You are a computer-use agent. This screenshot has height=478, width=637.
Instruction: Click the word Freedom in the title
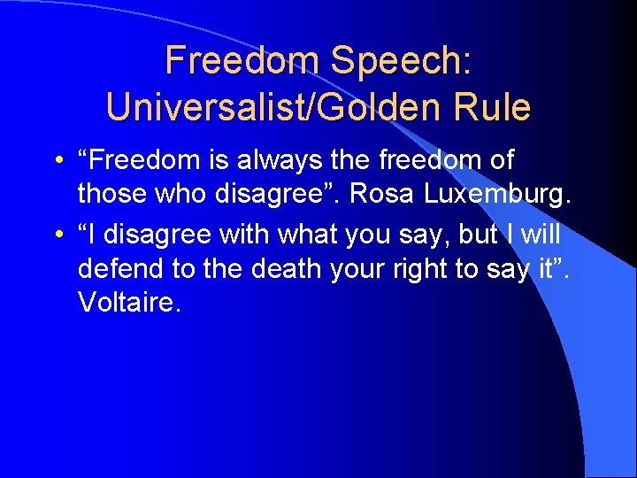point(242,60)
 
